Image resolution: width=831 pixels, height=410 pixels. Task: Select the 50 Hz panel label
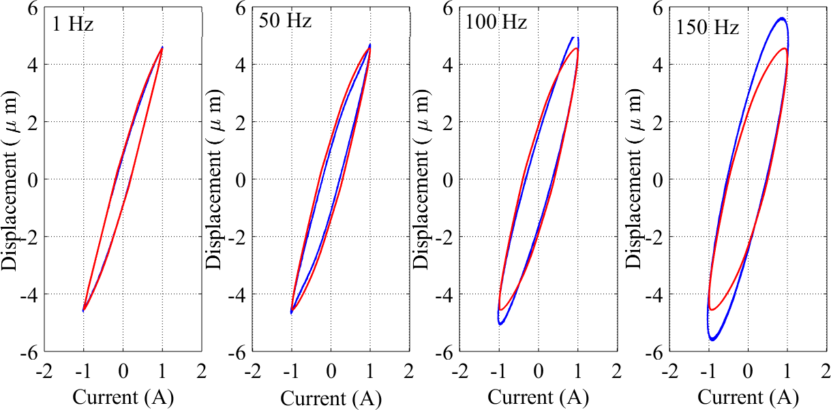point(285,21)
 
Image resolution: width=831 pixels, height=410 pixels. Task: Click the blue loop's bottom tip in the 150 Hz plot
point(712,339)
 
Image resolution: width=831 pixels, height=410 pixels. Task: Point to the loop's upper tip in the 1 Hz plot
point(162,47)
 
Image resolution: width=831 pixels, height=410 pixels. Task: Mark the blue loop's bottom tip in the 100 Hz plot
point(500,324)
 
